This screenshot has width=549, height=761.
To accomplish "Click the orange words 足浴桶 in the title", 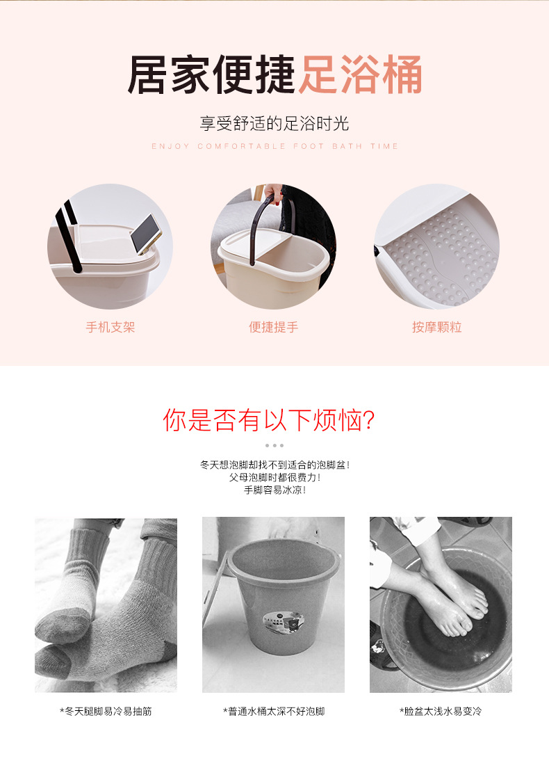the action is tap(360, 74).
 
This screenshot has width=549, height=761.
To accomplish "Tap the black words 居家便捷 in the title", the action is tap(211, 74).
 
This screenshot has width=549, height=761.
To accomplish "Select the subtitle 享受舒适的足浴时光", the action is tap(274, 123).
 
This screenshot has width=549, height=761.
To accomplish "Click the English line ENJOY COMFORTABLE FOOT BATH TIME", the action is tap(275, 146).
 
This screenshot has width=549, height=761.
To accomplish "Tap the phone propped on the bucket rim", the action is tap(146, 234).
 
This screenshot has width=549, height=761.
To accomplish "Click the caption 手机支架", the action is tap(110, 327).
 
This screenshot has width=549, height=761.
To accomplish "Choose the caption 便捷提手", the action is tap(274, 327).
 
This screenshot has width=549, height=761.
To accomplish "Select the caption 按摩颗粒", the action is tap(437, 327).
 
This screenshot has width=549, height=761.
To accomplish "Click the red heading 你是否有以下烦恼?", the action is tap(269, 420).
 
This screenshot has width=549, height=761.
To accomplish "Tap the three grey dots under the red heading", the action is tap(274, 445).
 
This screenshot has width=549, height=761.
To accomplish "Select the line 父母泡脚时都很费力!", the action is tap(275, 478).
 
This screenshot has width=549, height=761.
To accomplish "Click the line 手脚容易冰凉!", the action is tap(275, 490).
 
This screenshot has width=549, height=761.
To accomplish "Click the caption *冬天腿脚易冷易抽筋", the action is tap(106, 712).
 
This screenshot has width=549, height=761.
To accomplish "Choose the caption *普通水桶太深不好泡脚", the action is tap(274, 712).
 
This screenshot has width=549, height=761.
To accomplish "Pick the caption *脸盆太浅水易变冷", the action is tap(441, 712).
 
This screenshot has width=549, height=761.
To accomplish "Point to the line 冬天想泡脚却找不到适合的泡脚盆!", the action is tap(275, 465).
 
